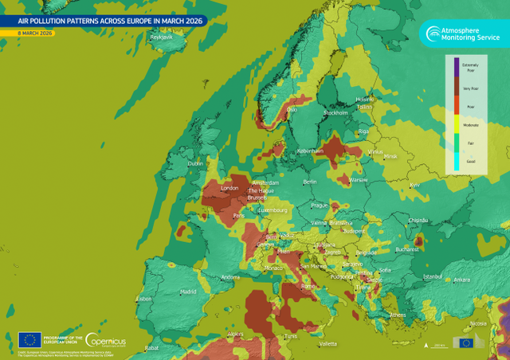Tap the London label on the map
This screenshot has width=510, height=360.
pos(229,188)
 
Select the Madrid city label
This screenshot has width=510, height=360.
pos(188,292)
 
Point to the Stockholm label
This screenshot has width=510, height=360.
pos(335,113)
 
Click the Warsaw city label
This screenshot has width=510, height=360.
pos(359,180)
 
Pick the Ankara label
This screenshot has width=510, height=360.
pos(461,280)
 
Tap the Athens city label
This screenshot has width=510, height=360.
pos(398,315)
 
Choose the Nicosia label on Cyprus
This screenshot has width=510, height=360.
pos(477,323)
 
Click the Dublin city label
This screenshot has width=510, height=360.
pos(195,164)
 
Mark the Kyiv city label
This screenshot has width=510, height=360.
pos(414,186)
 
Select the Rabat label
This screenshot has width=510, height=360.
pos(152,348)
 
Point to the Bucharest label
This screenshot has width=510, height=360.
pos(406,249)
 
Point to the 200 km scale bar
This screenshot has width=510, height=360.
pos(439,344)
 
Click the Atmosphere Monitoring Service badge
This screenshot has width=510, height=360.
pos(462,32)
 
